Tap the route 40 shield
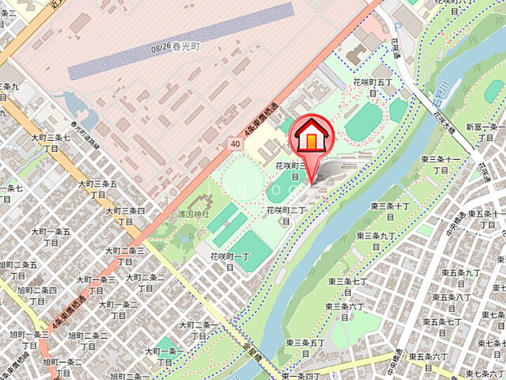[x=236, y=142]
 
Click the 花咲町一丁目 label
[x=227, y=262]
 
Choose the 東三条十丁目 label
[x=391, y=211]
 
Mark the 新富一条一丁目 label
[x=485, y=131]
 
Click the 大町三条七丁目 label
[x=51, y=142]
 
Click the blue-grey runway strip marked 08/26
[x=182, y=40]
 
